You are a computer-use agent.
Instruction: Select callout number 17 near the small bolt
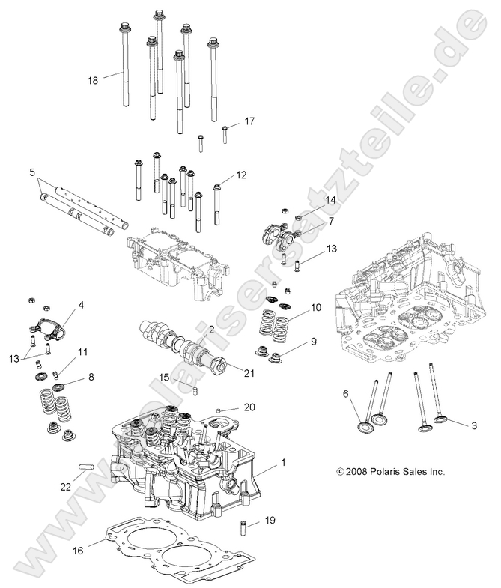point(249,121)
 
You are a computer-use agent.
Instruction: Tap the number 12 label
point(240,175)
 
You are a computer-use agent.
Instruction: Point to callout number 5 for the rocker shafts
point(32,172)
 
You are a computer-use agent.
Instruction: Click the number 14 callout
point(330,200)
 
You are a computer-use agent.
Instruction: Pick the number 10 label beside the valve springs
point(316,307)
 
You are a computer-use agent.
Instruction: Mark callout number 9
point(313,342)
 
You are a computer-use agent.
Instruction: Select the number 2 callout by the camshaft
point(212,330)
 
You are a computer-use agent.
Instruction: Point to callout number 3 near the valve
point(453,425)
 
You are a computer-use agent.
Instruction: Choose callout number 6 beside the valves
point(345,393)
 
